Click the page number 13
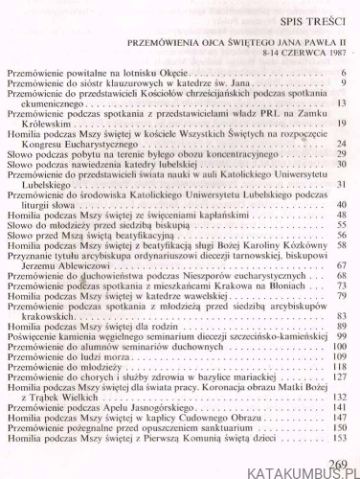click(x=340, y=103)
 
